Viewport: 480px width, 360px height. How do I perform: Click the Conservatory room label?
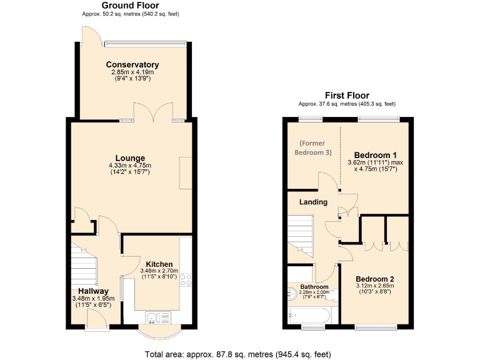pyautogui.click(x=132, y=65)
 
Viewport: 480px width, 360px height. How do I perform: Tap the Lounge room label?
pyautogui.click(x=129, y=158)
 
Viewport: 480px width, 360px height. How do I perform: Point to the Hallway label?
pyautogui.click(x=94, y=291)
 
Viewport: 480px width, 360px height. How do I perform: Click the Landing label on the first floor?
pyautogui.click(x=313, y=202)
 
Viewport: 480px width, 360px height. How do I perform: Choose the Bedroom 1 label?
pyautogui.click(x=376, y=155)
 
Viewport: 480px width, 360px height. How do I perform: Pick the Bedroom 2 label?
pyautogui.click(x=376, y=279)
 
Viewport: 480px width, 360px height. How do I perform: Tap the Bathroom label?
pyautogui.click(x=313, y=287)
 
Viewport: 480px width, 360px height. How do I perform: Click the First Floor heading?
pyautogui.click(x=346, y=96)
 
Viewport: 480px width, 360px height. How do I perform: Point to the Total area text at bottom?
pyautogui.click(x=237, y=354)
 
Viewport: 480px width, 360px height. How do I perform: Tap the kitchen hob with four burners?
pyautogui.click(x=186, y=281)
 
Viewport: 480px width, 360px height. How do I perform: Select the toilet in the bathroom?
pyautogui.click(x=294, y=294)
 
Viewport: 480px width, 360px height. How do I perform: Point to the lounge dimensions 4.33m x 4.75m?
pyautogui.click(x=129, y=165)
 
